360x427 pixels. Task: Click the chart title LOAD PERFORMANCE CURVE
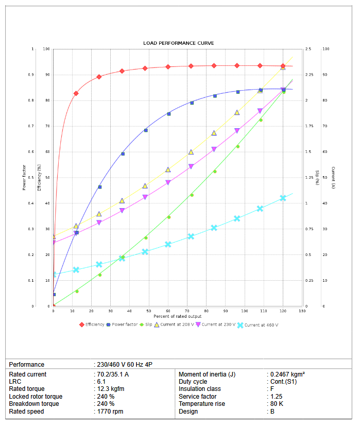(178, 43)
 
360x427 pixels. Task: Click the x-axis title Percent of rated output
(178, 316)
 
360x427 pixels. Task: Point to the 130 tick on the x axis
(302, 311)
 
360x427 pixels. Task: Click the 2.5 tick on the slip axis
(308, 49)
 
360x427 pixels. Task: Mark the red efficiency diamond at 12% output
(76, 93)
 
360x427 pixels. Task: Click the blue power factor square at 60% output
(168, 113)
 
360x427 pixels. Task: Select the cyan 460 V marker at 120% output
(283, 198)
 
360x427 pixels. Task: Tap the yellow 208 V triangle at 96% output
(237, 112)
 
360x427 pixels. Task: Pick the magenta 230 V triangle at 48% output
(145, 197)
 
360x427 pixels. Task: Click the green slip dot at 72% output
(192, 195)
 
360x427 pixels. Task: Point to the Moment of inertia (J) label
(207, 374)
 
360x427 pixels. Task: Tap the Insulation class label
(200, 389)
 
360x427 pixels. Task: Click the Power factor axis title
(24, 178)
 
